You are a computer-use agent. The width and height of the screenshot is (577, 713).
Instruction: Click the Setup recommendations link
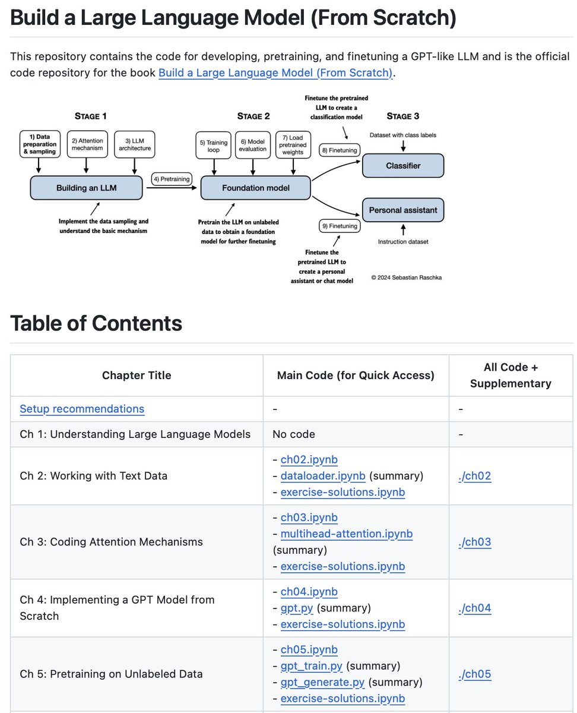82,409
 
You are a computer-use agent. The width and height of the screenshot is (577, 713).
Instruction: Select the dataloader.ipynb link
323,476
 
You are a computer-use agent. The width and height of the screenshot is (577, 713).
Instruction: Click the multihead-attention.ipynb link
347,534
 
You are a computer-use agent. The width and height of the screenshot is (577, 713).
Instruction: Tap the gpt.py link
297,608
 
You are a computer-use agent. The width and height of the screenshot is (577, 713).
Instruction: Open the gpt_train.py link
312,665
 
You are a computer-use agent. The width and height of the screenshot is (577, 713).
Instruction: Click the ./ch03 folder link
475,542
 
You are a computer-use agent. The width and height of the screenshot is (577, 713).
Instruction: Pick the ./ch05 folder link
475,674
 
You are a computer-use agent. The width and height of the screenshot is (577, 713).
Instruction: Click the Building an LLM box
87,188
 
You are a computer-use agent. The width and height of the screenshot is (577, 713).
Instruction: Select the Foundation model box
255,188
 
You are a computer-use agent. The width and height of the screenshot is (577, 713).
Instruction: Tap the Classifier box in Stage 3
403,166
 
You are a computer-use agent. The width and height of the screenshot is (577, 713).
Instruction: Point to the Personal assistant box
403,210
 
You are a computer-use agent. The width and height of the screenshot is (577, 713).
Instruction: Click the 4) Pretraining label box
172,178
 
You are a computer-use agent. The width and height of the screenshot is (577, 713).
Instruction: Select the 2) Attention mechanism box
87,144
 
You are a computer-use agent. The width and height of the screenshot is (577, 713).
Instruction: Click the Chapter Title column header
137,376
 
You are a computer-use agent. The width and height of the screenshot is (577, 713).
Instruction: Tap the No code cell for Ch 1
293,434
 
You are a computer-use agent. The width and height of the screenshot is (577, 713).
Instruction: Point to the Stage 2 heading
253,116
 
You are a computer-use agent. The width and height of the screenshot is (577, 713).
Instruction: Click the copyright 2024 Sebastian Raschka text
407,277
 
